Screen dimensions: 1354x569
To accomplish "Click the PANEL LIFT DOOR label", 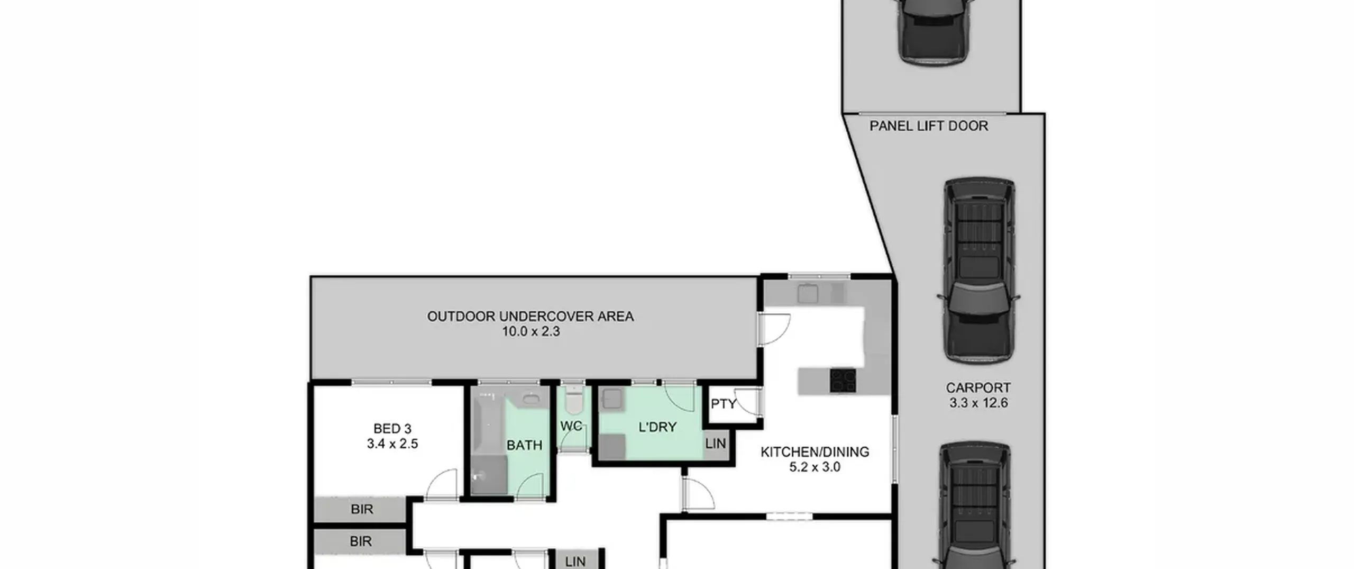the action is coord(929,126).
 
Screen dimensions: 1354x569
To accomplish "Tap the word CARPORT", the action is coord(978,387).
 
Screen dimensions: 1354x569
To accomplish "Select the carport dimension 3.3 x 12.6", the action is coord(978,403).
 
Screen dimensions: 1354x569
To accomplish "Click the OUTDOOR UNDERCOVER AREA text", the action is coord(530,317).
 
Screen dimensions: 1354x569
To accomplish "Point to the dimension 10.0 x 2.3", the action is coord(530,332).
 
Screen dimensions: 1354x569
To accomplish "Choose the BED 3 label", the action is coord(392,429).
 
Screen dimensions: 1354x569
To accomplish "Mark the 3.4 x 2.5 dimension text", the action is coord(392,444).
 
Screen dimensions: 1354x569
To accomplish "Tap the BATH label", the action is coord(524,446).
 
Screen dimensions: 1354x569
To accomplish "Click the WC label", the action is coord(571,426).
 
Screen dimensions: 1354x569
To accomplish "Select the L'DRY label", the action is coord(657,427).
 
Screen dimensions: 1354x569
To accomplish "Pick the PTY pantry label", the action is coord(724,404).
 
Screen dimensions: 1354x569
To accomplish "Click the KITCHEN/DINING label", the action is coord(815,452).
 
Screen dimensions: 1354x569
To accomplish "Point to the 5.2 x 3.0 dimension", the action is coord(815,467).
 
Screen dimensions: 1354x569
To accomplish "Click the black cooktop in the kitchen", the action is coord(843,380).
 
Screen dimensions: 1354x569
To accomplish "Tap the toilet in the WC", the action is coord(573,400).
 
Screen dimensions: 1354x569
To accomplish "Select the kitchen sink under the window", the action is coord(808,293).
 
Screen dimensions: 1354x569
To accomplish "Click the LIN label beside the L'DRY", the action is coord(716,444).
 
